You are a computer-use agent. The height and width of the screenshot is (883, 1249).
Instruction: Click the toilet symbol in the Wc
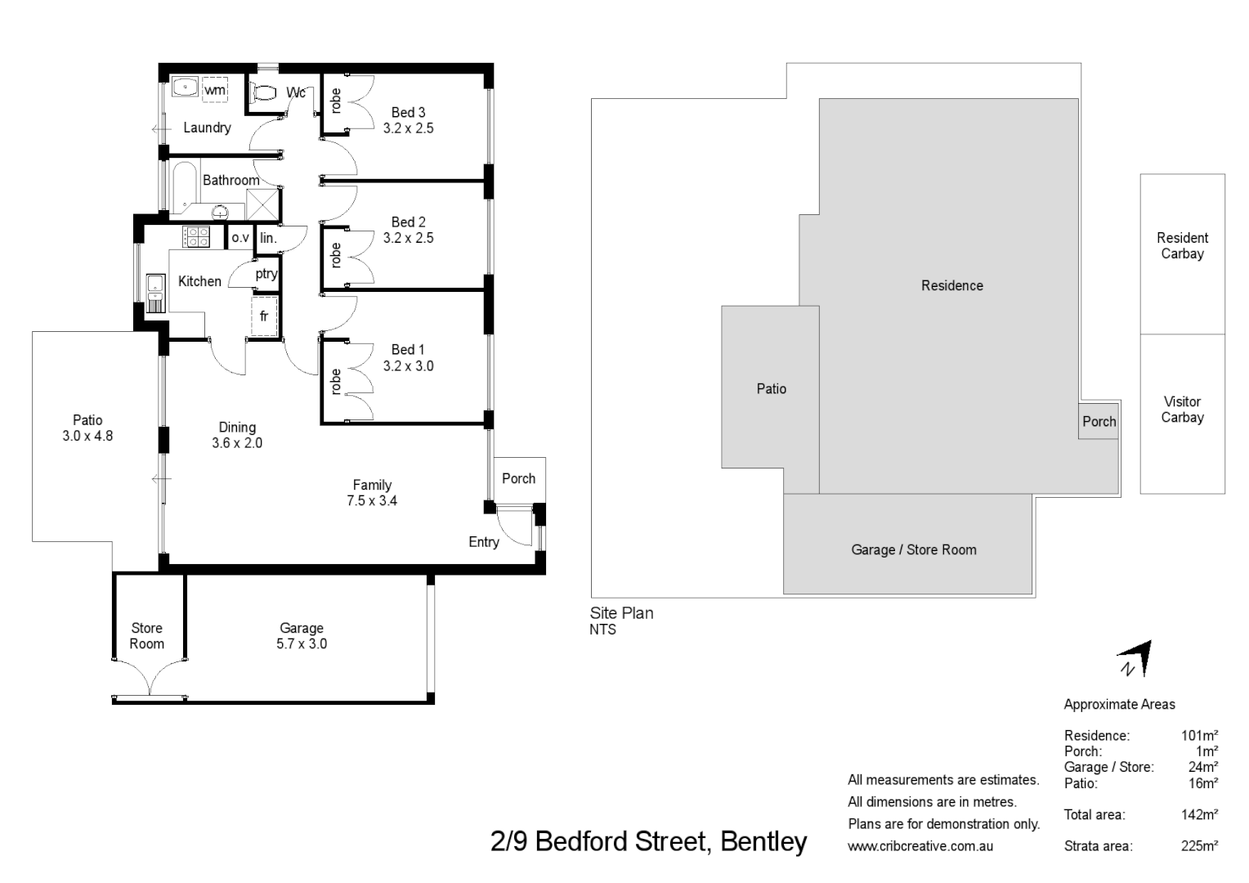(263, 92)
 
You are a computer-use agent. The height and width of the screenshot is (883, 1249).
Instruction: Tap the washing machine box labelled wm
(215, 89)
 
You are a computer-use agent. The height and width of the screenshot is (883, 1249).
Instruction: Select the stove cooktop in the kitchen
(196, 236)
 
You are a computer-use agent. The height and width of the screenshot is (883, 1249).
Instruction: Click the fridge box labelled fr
(264, 316)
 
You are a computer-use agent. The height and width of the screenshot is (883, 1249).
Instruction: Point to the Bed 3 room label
(408, 113)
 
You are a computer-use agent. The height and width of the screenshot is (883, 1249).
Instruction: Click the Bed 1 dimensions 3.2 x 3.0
(408, 366)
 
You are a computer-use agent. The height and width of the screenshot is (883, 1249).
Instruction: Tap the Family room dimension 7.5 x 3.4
(372, 500)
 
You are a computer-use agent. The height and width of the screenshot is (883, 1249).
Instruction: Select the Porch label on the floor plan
(518, 478)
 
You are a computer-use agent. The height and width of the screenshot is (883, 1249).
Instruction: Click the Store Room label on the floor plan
(147, 635)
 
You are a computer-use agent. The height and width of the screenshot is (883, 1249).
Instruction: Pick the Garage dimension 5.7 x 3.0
(302, 643)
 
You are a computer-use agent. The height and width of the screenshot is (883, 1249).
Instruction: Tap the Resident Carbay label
(1182, 245)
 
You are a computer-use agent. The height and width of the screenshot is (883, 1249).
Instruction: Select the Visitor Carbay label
(1182, 409)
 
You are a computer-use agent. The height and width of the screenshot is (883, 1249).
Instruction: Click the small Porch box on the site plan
(1098, 421)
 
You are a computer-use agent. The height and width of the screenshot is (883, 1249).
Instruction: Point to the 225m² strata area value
(1199, 846)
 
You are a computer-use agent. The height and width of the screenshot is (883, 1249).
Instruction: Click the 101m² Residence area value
(1199, 735)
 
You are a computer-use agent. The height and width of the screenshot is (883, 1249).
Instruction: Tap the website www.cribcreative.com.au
(920, 846)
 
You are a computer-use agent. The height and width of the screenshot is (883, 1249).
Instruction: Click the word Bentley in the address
(763, 841)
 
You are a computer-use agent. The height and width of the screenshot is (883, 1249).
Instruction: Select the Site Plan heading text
(622, 612)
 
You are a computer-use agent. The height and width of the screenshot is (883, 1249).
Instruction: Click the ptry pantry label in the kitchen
(266, 274)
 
